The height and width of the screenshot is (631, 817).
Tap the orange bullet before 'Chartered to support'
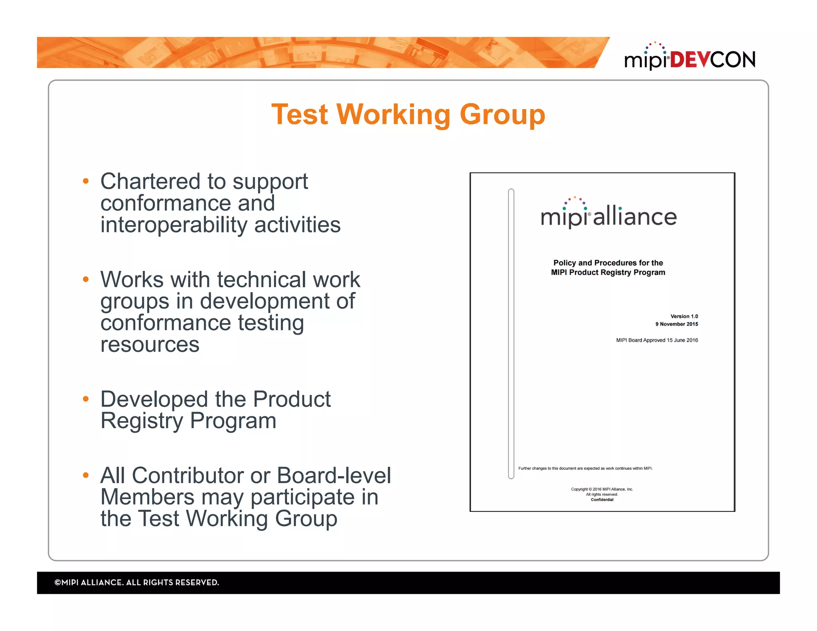(x=85, y=181)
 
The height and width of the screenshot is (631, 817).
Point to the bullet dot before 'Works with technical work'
(x=85, y=279)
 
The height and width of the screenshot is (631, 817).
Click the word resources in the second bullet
(x=150, y=345)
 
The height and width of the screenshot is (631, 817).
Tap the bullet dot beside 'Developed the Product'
(x=85, y=399)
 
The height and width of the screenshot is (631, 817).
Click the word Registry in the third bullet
(x=142, y=421)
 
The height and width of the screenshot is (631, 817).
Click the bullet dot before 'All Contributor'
(x=85, y=475)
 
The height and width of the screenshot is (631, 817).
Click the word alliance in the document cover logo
(x=635, y=217)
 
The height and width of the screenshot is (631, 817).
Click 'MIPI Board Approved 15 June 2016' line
(x=657, y=340)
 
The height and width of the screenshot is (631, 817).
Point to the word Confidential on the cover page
(x=602, y=500)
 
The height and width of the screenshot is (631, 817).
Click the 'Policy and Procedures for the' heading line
(x=608, y=263)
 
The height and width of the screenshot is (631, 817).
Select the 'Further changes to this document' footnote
(x=585, y=468)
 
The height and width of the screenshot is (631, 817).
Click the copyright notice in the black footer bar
(x=136, y=582)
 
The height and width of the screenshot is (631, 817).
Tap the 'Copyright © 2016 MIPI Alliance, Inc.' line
(x=602, y=489)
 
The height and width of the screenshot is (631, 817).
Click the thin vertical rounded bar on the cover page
(x=511, y=333)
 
